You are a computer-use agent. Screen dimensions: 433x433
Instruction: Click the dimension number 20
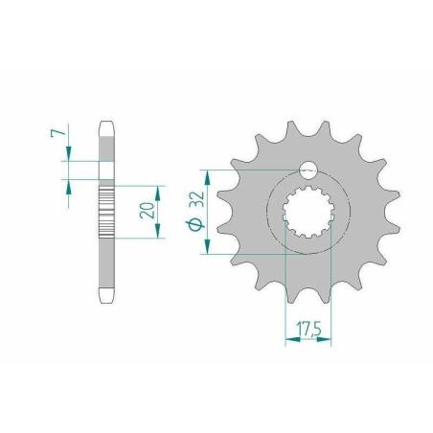(x=147, y=211)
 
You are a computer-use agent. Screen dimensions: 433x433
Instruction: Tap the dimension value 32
(x=196, y=200)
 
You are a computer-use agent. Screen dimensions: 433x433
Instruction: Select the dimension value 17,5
(x=308, y=330)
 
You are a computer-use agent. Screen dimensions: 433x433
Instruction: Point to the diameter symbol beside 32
(x=194, y=224)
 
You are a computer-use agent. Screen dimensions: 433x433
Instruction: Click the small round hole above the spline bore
(x=308, y=171)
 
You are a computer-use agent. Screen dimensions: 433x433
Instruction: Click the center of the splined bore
(x=308, y=212)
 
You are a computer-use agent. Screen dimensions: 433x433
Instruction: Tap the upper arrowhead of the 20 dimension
(x=158, y=194)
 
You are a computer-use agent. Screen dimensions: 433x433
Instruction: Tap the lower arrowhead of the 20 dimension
(x=158, y=230)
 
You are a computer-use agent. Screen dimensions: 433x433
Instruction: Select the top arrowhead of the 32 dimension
(x=208, y=177)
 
